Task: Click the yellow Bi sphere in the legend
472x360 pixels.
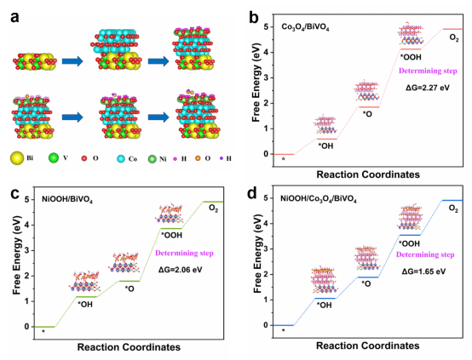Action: click(x=17, y=158)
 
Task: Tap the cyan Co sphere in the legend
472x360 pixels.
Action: click(x=121, y=158)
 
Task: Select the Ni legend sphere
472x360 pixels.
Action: click(x=153, y=159)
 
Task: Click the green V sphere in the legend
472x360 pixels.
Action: click(x=54, y=158)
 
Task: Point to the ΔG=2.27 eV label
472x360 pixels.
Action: click(x=428, y=88)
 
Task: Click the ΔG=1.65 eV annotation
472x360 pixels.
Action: click(x=423, y=271)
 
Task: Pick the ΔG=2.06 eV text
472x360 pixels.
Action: click(x=181, y=270)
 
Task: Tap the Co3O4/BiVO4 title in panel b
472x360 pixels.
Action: click(x=305, y=27)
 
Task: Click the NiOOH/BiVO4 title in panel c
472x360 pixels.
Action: click(x=67, y=200)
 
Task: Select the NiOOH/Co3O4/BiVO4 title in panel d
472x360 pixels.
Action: click(x=319, y=199)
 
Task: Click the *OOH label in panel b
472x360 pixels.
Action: click(x=411, y=57)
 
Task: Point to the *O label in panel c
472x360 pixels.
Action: click(x=130, y=289)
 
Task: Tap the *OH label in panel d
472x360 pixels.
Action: click(x=325, y=305)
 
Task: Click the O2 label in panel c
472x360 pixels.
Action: click(x=214, y=209)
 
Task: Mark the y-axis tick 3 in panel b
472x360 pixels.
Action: click(x=265, y=78)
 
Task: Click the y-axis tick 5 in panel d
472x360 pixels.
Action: click(x=266, y=198)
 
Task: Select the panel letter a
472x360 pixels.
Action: click(x=14, y=17)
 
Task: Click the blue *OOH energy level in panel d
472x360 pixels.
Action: click(x=410, y=235)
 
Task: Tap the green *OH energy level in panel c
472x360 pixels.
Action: click(x=86, y=297)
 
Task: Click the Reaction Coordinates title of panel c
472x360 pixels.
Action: click(x=129, y=347)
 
